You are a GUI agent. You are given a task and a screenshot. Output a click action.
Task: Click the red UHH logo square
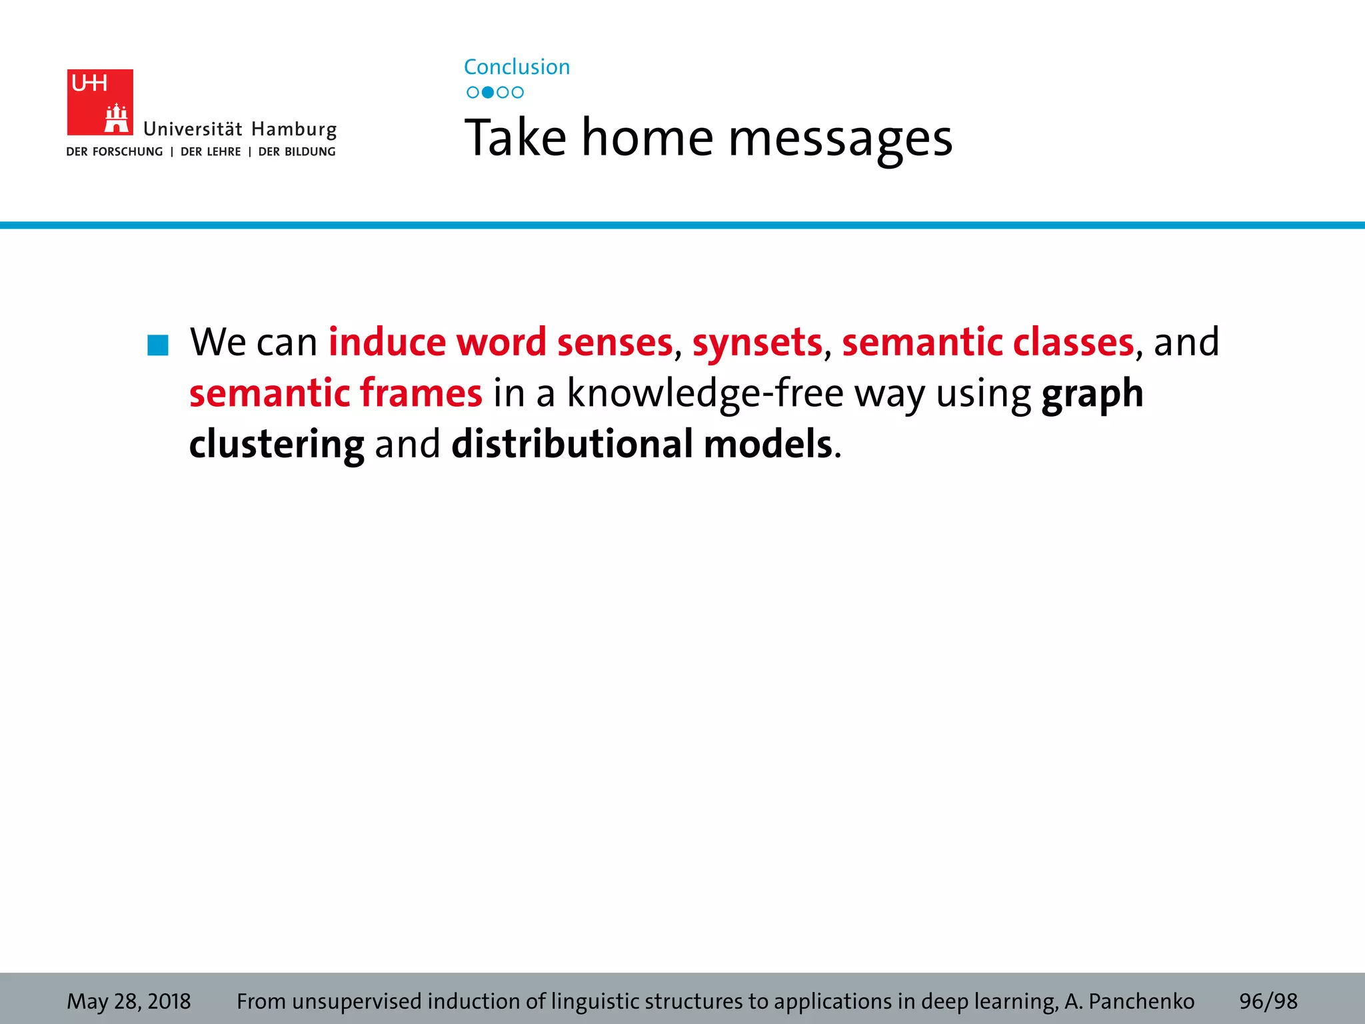click(100, 102)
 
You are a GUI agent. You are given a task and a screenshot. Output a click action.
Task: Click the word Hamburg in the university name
click(294, 129)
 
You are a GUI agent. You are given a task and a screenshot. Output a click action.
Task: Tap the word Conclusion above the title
click(517, 67)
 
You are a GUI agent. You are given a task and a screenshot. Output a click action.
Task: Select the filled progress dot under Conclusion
click(488, 93)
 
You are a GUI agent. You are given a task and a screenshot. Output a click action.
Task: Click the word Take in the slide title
click(515, 138)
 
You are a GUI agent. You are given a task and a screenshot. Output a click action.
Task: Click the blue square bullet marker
click(158, 345)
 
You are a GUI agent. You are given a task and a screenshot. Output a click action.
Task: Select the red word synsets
click(757, 342)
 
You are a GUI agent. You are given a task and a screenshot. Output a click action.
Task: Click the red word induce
click(387, 342)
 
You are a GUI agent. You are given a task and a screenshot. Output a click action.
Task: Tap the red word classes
click(1073, 342)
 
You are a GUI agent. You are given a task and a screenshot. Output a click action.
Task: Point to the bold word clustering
click(277, 445)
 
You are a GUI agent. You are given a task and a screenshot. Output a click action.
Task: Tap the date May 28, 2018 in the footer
click(129, 1001)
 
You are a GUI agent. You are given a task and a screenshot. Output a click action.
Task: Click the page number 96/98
click(1268, 1001)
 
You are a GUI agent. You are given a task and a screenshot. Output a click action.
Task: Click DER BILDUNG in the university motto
click(297, 152)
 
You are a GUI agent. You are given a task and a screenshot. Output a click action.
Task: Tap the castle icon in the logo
click(117, 119)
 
